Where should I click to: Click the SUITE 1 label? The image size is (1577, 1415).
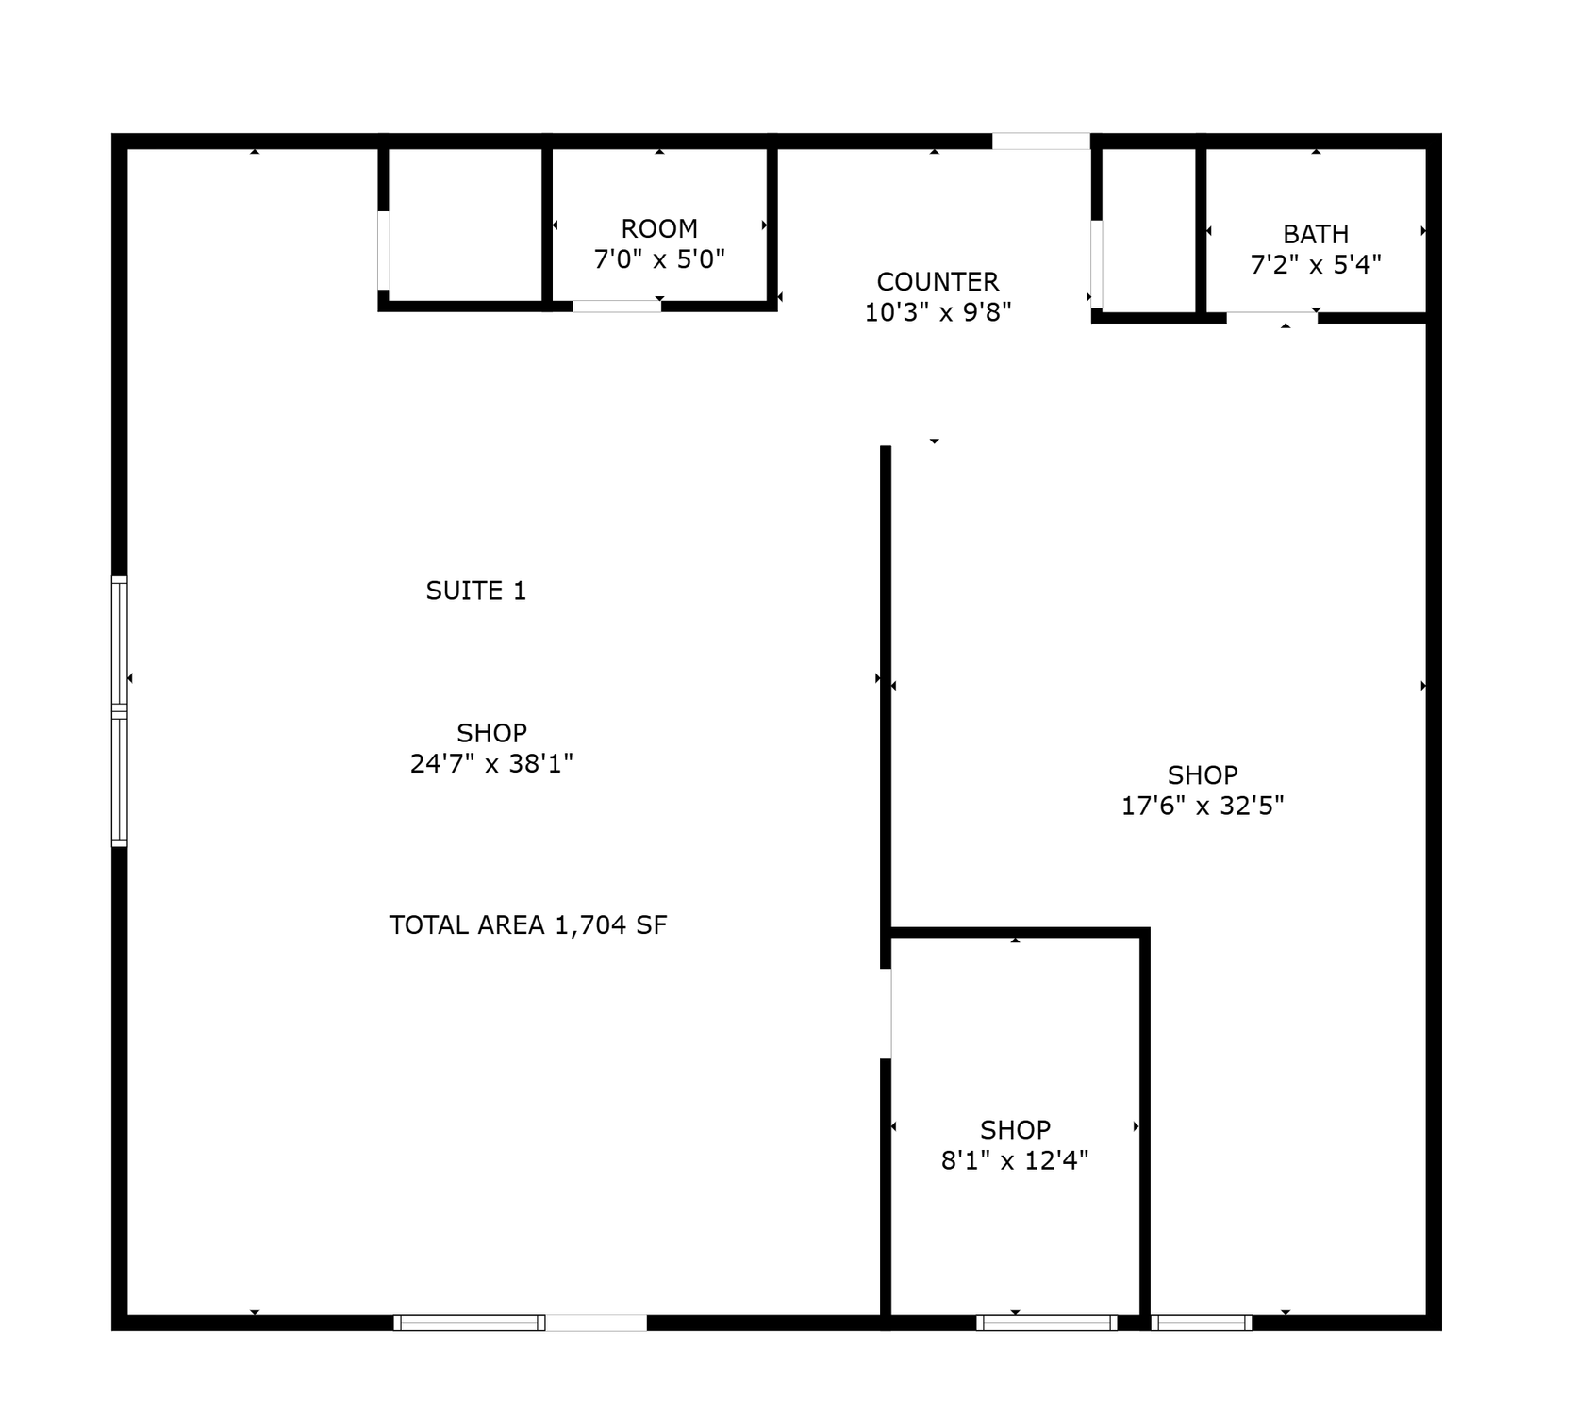(475, 591)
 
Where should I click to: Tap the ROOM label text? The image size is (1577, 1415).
(659, 228)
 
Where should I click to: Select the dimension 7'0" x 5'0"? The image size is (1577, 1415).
(659, 258)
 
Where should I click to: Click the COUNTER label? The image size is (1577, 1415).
(938, 281)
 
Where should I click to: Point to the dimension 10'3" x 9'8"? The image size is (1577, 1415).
(938, 311)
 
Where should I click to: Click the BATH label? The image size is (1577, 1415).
(1316, 234)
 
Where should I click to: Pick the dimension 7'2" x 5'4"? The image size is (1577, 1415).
(1316, 264)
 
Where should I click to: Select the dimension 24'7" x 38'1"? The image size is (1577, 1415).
(491, 762)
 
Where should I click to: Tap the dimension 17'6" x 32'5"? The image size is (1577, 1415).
(1203, 805)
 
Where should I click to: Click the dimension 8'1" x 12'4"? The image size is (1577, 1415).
(1015, 1159)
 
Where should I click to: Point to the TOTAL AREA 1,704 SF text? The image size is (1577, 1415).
(528, 924)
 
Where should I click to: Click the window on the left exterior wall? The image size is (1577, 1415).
(120, 710)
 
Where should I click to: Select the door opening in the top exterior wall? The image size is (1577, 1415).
(1041, 141)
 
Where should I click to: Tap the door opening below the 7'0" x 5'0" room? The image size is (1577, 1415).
(617, 306)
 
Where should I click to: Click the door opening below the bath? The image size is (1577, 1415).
(1271, 318)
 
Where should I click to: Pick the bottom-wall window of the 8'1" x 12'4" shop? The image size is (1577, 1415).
(1047, 1323)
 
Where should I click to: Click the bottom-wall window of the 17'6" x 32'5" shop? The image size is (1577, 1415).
(1202, 1323)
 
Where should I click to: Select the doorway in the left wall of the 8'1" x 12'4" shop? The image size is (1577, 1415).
(886, 1014)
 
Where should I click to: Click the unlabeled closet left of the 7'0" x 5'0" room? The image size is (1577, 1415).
(465, 225)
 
